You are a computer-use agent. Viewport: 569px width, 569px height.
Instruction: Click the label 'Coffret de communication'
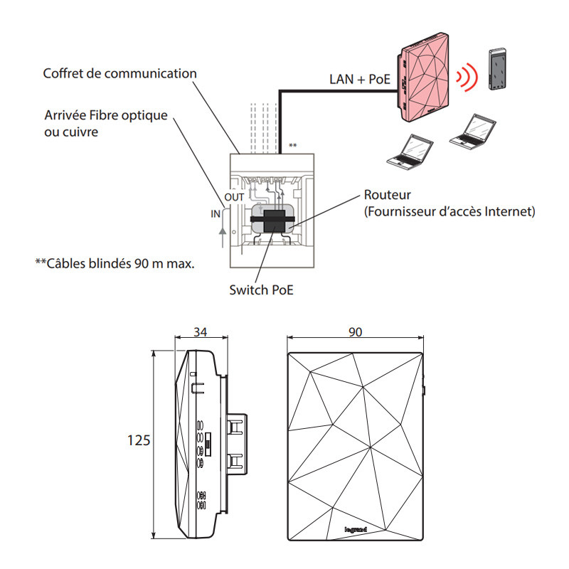[119, 73]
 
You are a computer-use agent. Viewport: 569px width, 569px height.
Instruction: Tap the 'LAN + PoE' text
[360, 79]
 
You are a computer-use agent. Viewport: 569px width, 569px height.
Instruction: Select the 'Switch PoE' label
[261, 289]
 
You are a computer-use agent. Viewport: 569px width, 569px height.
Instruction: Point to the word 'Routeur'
[387, 195]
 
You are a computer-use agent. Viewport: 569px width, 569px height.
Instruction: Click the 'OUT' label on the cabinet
[234, 197]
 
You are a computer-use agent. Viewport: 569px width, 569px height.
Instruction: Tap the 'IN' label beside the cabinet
[216, 214]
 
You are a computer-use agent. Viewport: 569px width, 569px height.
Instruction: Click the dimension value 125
[139, 440]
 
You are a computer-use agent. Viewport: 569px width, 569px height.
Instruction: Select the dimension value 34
[201, 331]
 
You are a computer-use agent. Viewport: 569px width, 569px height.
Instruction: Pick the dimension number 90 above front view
[355, 331]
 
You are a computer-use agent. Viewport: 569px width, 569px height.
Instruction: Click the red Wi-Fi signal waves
[468, 77]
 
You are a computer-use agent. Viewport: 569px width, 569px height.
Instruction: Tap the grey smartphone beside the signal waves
[497, 69]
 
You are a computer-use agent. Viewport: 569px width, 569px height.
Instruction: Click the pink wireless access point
[423, 77]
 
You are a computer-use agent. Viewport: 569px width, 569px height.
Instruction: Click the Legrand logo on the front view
[356, 529]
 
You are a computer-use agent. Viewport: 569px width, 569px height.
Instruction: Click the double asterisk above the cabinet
[293, 146]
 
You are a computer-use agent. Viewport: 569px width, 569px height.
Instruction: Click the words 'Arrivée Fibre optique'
[106, 115]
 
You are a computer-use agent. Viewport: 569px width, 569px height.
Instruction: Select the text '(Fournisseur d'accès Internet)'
[450, 211]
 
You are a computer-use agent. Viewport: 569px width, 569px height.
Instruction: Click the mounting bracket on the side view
[238, 444]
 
